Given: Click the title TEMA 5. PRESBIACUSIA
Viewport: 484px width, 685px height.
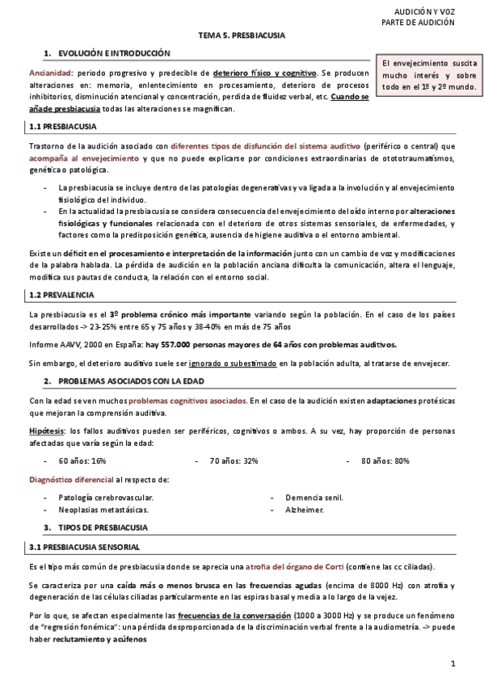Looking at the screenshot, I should [242, 36].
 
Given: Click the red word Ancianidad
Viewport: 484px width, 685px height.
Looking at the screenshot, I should [50, 74].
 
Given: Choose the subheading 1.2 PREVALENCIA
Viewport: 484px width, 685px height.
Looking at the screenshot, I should [62, 296].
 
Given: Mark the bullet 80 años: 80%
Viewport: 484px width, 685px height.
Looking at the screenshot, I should [385, 460].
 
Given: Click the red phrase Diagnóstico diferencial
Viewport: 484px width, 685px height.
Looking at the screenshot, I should [71, 480].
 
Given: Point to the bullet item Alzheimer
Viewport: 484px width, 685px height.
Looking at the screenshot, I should [304, 511].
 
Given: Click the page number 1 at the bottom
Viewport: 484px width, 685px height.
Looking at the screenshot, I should [454, 664].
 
